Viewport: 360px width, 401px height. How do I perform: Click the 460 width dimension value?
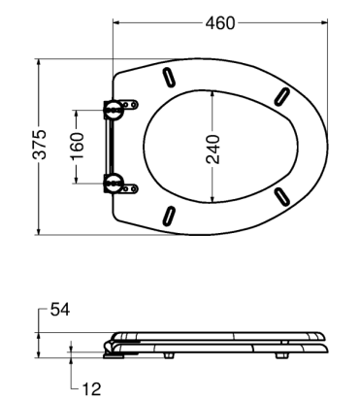point(220,23)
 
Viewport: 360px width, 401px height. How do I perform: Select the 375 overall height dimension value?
point(40,145)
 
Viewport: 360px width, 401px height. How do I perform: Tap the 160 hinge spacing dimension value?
point(78,146)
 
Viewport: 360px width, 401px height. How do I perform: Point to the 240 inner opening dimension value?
point(213,150)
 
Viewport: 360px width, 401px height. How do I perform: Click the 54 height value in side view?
point(60,310)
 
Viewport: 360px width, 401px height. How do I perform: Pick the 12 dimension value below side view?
point(91,388)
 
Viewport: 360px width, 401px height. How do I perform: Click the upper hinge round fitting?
point(114,109)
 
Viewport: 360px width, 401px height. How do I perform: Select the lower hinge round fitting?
point(114,184)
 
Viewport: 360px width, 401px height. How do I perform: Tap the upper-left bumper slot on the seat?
point(170,77)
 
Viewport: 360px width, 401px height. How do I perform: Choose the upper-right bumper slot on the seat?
point(281,96)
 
